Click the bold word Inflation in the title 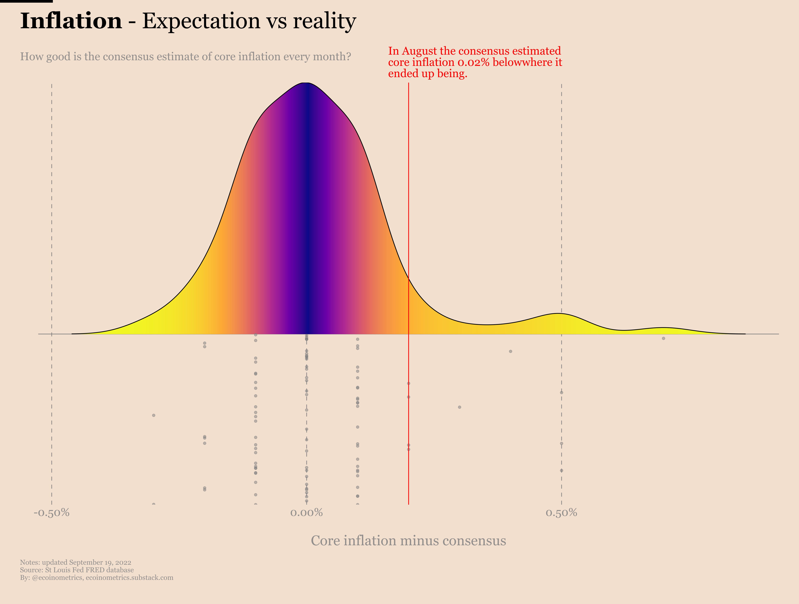[71, 21]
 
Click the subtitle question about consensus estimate [185, 57]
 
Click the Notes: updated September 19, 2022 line [75, 562]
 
